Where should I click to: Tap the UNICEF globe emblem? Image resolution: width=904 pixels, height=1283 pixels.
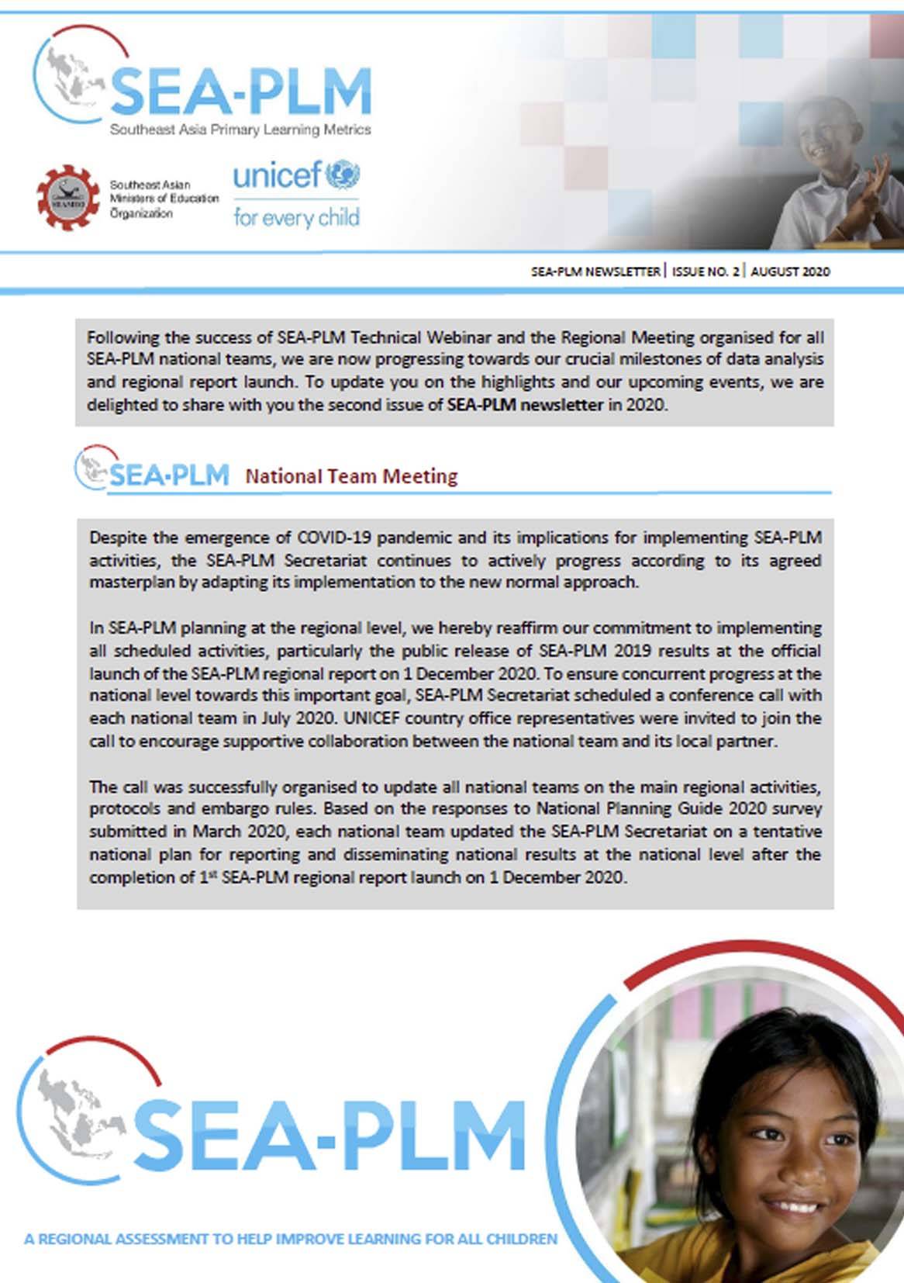click(x=342, y=175)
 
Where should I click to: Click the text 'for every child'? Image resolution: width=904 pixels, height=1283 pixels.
click(x=296, y=217)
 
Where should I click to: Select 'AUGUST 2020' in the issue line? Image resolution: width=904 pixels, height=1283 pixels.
click(x=790, y=271)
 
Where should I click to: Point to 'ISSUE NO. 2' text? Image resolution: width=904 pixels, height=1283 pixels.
click(x=706, y=271)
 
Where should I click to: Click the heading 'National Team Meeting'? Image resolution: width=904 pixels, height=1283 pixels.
click(x=351, y=476)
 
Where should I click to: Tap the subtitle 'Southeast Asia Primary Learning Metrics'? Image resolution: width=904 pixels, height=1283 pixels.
click(x=240, y=130)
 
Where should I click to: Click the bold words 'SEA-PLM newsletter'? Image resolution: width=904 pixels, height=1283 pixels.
click(x=525, y=404)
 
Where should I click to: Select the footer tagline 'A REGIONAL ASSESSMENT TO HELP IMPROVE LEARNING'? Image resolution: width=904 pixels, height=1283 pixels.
click(x=290, y=1239)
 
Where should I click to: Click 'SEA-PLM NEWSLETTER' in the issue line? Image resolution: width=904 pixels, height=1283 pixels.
click(x=595, y=271)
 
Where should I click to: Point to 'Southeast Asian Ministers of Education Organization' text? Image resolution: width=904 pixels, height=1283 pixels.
click(x=164, y=199)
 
